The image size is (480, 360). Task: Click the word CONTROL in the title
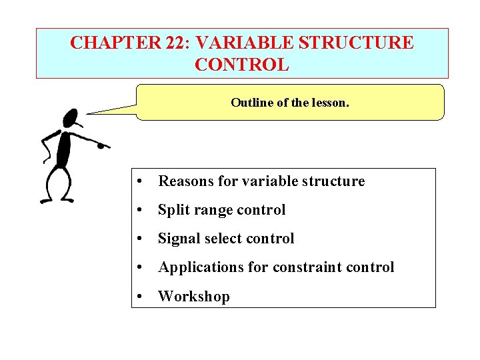point(242,65)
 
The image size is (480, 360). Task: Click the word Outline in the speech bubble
point(249,103)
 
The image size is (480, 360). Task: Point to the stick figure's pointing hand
point(104,145)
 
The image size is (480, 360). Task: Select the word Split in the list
point(172,210)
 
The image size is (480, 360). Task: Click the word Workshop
point(193,297)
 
